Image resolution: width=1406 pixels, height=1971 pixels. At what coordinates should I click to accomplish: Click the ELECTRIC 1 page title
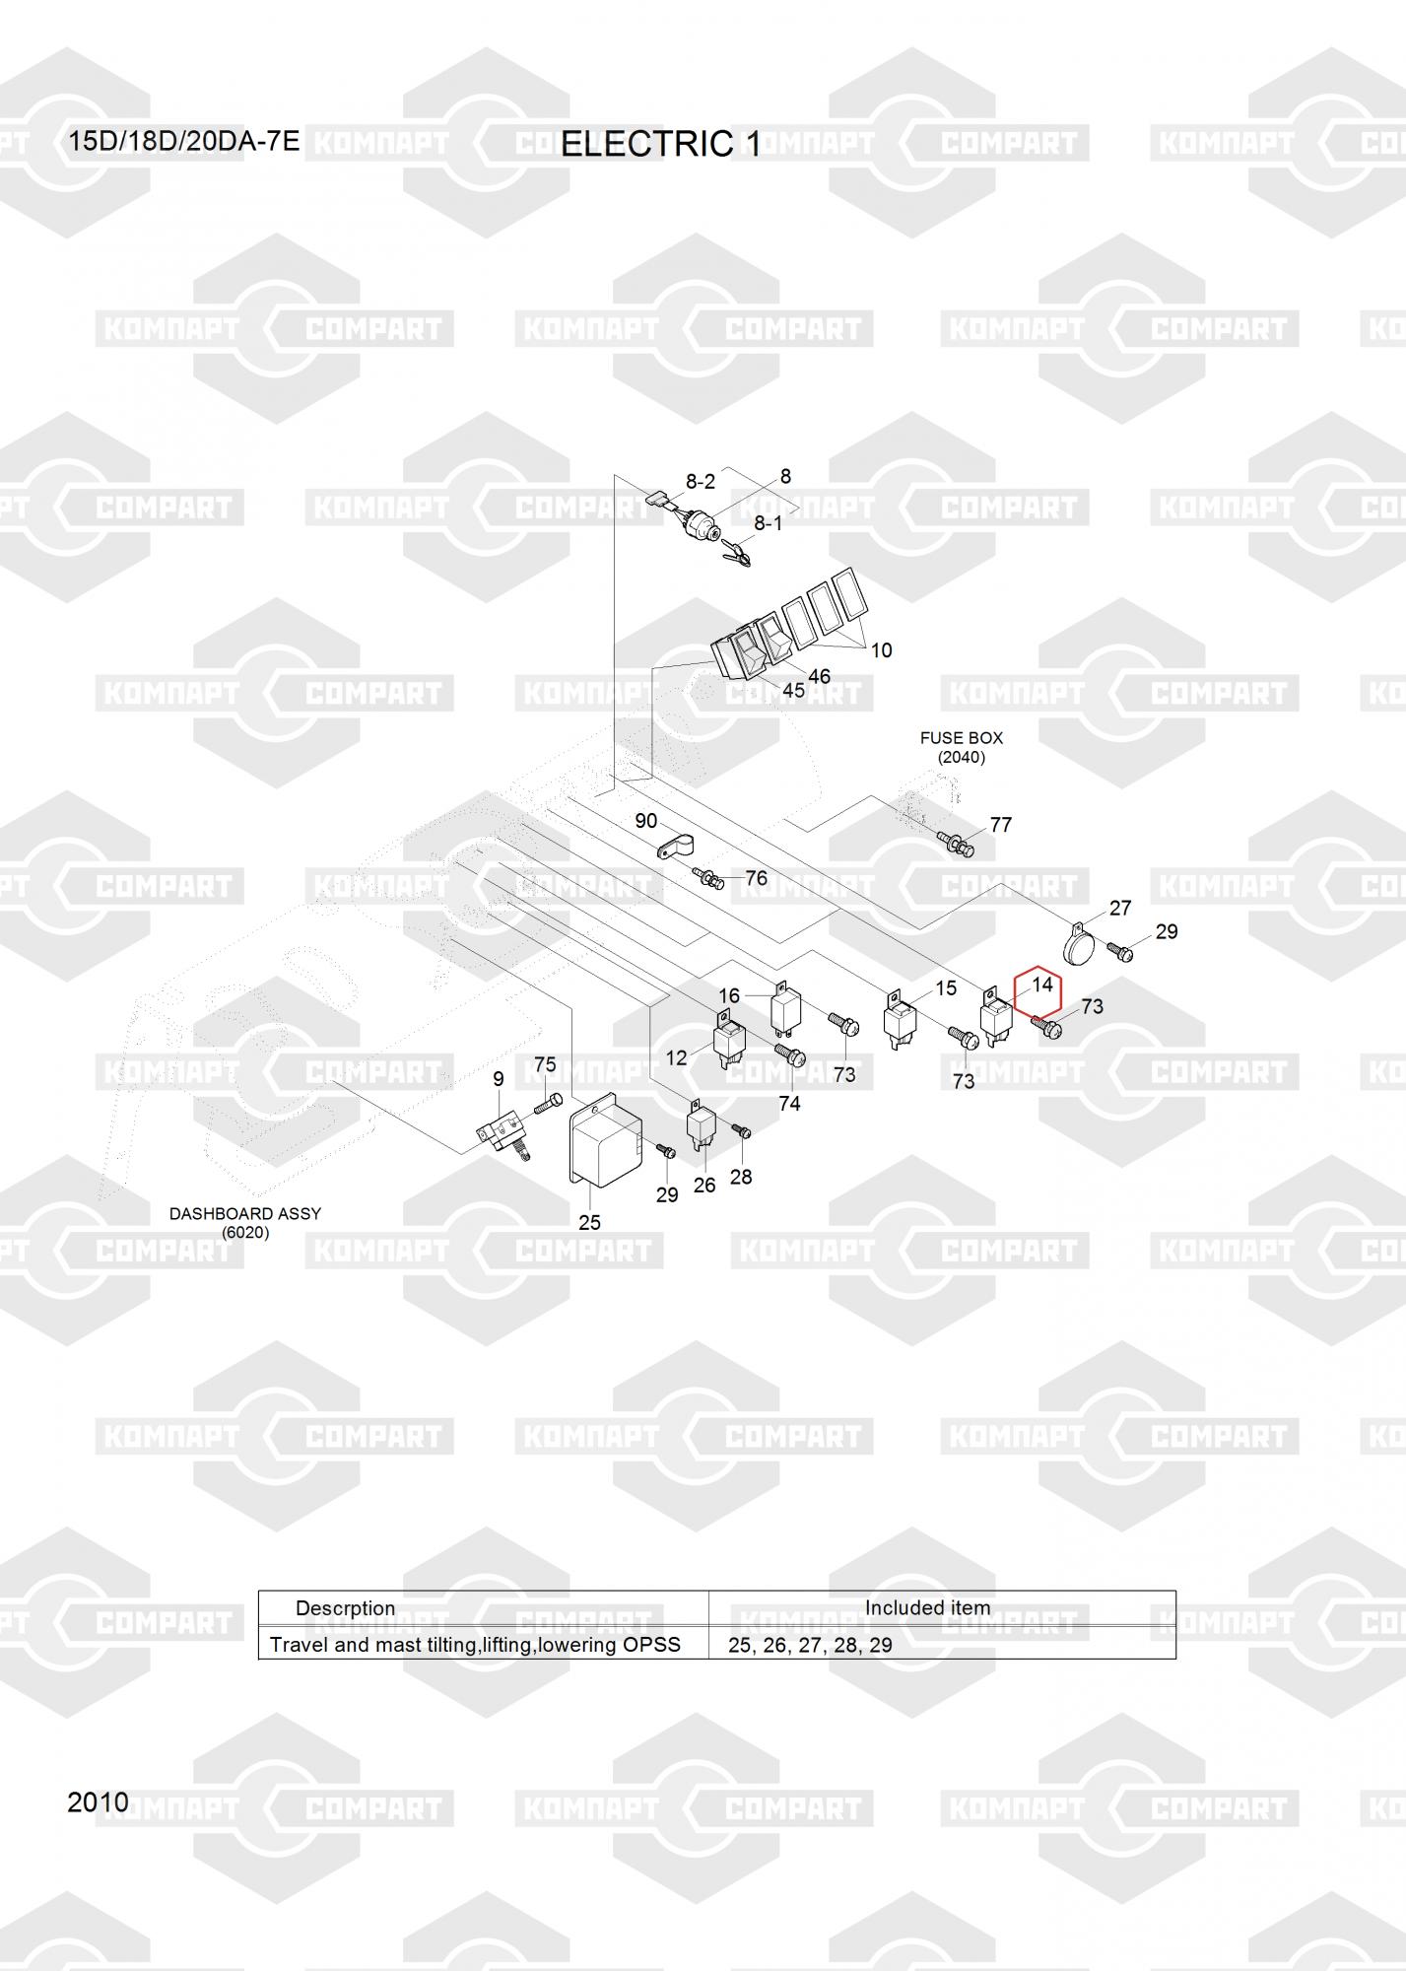click(660, 144)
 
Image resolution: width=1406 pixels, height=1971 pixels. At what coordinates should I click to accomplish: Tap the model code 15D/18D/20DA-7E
click(183, 141)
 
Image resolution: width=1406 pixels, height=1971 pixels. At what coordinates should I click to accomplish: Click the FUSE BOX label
click(961, 737)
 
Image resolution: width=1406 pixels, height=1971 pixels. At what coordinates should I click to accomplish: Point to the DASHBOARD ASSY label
click(245, 1213)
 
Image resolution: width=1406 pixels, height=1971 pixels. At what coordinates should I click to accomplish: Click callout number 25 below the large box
click(589, 1222)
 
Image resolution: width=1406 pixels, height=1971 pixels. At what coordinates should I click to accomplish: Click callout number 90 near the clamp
click(645, 821)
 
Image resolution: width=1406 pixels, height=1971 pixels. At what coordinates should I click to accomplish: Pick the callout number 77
click(1000, 825)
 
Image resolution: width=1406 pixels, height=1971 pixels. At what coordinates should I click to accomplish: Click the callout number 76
click(756, 878)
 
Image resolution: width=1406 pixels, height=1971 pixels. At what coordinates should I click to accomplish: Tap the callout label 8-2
click(700, 481)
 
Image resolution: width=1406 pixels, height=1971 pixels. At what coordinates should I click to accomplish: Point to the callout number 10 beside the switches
click(881, 649)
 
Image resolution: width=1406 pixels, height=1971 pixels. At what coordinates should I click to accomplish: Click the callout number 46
click(819, 676)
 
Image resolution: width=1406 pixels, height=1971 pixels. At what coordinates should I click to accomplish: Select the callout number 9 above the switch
click(499, 1079)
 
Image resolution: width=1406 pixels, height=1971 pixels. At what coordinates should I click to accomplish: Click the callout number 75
click(545, 1064)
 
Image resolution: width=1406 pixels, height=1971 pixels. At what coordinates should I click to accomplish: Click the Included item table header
click(927, 1607)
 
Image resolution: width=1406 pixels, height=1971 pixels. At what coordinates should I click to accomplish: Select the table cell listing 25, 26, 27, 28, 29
click(810, 1645)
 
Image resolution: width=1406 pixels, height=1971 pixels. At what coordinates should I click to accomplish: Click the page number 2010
click(98, 1802)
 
